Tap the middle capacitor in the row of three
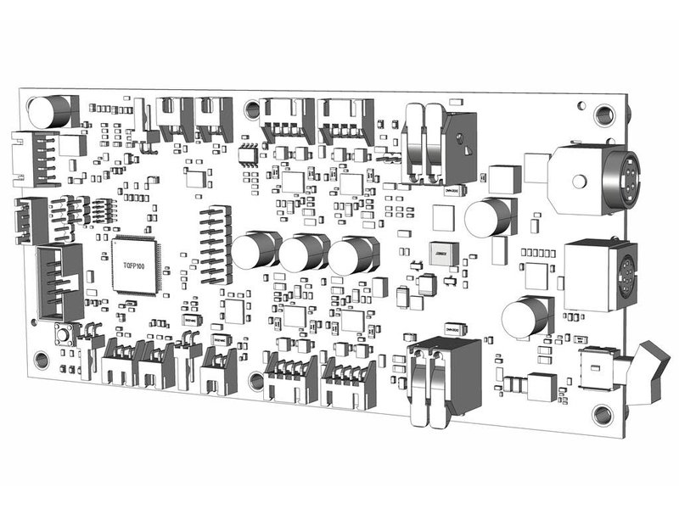(303, 253)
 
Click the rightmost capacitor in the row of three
(352, 255)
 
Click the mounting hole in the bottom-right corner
(603, 415)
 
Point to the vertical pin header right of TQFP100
(216, 246)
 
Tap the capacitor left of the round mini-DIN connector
(491, 218)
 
